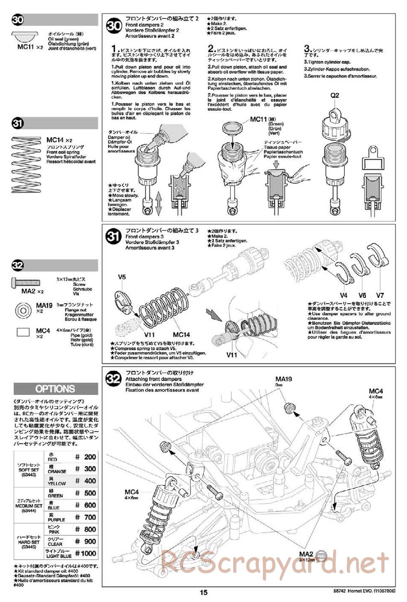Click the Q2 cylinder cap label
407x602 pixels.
pyautogui.click(x=335, y=95)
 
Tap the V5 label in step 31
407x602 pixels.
pyautogui.click(x=122, y=277)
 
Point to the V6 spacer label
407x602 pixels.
pyautogui.click(x=362, y=295)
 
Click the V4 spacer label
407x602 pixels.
pyautogui.click(x=344, y=295)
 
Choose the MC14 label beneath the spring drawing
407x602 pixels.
pyautogui.click(x=181, y=335)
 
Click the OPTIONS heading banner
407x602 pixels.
pyautogui.click(x=55, y=389)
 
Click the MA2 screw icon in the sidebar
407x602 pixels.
pyautogui.click(x=26, y=282)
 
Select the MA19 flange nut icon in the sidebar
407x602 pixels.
pyautogui.click(x=24, y=311)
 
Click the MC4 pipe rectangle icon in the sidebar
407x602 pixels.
pyautogui.click(x=23, y=332)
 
